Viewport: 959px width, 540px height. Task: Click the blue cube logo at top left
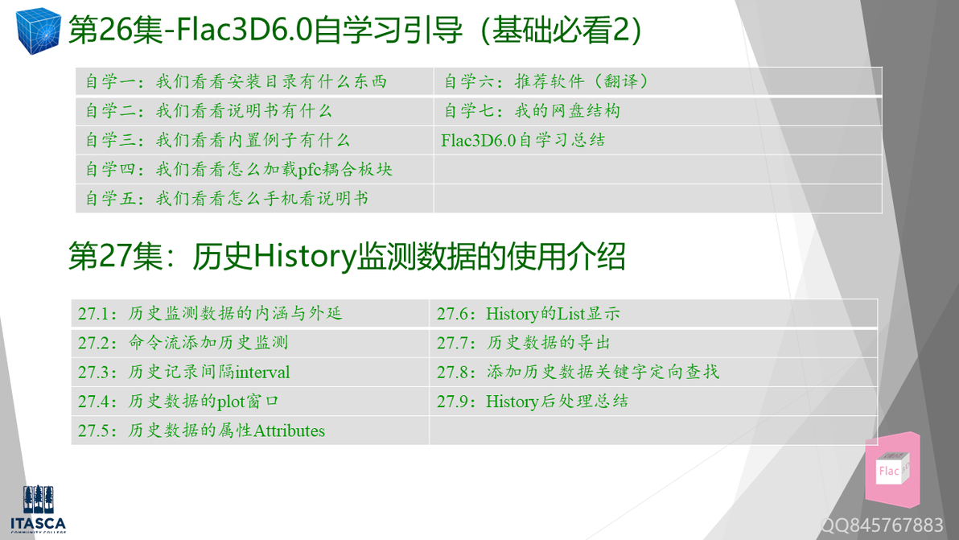coord(37,30)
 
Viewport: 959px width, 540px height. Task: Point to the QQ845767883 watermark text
coord(882,526)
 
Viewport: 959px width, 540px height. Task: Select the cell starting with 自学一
coord(236,81)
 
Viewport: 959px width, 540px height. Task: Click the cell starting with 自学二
coord(208,111)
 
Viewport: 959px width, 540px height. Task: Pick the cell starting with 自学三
coord(217,140)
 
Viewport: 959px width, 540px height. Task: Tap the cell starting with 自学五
coord(227,199)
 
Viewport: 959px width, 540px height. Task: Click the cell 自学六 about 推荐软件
coord(547,81)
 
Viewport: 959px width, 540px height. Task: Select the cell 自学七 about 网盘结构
coord(532,111)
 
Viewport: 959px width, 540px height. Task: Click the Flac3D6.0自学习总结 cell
coord(523,140)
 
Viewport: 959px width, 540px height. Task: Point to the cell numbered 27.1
coord(210,313)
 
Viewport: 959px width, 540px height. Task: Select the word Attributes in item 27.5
coord(289,431)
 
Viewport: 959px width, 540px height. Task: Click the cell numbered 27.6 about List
coord(528,314)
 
